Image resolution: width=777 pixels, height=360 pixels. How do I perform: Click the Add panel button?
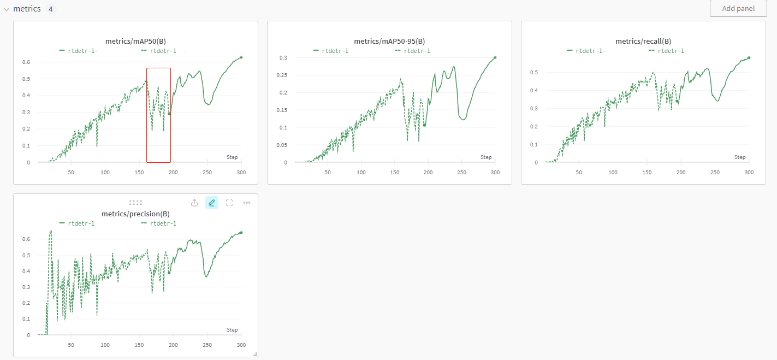point(738,9)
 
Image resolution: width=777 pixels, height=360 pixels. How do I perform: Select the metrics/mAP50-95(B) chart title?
point(389,41)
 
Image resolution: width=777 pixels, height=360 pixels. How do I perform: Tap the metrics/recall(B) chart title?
point(643,41)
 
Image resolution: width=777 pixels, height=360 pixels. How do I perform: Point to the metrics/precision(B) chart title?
point(135,214)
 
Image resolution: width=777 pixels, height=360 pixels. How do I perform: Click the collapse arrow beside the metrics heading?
point(7,9)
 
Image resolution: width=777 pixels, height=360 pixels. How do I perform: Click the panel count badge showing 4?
point(50,9)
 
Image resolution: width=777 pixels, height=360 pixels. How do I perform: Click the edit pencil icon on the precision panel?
point(212,203)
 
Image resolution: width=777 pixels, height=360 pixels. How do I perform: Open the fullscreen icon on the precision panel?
point(229,203)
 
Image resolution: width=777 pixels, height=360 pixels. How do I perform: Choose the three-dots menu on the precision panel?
point(247,203)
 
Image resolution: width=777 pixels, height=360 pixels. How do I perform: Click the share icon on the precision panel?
point(194,203)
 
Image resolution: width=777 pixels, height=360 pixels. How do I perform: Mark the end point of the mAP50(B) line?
point(241,57)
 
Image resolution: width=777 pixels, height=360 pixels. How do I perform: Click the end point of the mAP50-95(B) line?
point(495,57)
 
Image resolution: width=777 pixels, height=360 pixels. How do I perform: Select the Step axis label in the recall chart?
point(740,157)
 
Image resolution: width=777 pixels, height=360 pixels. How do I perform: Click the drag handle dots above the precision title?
point(135,203)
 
